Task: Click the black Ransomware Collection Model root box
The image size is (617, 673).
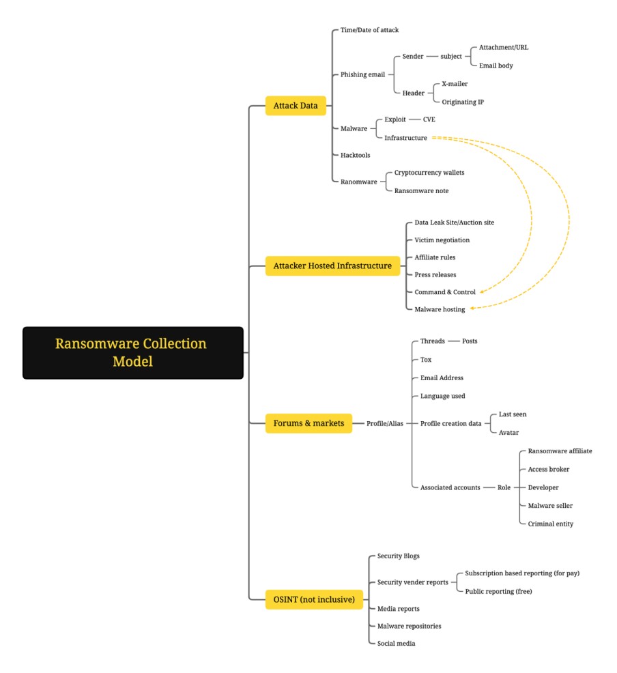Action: pos(133,353)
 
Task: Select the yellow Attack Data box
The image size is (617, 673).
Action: pos(296,106)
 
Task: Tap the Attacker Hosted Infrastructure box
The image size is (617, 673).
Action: pos(332,266)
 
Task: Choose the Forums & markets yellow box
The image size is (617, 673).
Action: pos(308,423)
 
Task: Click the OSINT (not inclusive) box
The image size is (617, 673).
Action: pos(314,599)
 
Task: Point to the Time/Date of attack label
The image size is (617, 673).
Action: pos(369,30)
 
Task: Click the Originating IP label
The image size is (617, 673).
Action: pos(463,102)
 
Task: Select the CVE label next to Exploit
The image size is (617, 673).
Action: pos(429,119)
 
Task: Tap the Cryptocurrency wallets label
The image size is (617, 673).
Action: pos(429,173)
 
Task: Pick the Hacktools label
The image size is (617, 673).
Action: pos(356,156)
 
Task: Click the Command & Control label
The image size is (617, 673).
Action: pos(445,292)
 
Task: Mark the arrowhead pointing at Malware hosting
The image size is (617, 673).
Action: pos(472,308)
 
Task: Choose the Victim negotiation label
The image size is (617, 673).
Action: pos(442,240)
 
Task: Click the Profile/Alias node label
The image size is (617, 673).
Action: pos(385,424)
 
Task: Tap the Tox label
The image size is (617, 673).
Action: pos(426,360)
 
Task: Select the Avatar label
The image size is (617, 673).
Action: pos(508,433)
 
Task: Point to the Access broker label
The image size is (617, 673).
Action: pos(548,470)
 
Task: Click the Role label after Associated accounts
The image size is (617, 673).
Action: pos(504,487)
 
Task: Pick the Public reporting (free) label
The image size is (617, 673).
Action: pos(498,592)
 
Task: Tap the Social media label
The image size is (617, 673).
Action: pos(396,644)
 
